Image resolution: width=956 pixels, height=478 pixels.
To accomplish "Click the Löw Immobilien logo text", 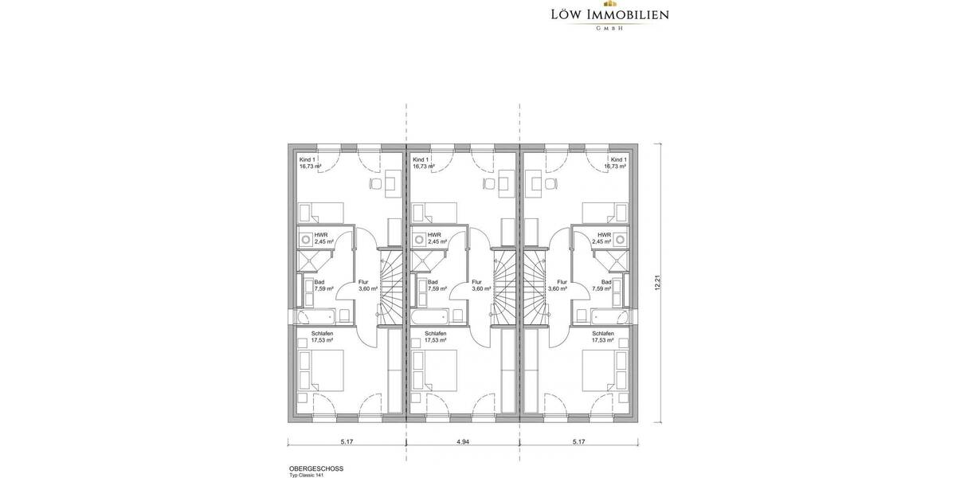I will pos(609,15).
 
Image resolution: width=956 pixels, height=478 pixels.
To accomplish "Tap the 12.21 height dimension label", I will pos(658,283).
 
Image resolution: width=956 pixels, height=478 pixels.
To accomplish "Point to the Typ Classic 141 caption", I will pos(308,476).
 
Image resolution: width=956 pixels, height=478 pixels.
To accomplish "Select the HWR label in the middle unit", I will pos(434,235).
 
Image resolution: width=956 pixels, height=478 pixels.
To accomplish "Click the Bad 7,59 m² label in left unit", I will pos(319,285).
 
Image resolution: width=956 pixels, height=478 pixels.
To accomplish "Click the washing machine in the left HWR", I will pos(306,238).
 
